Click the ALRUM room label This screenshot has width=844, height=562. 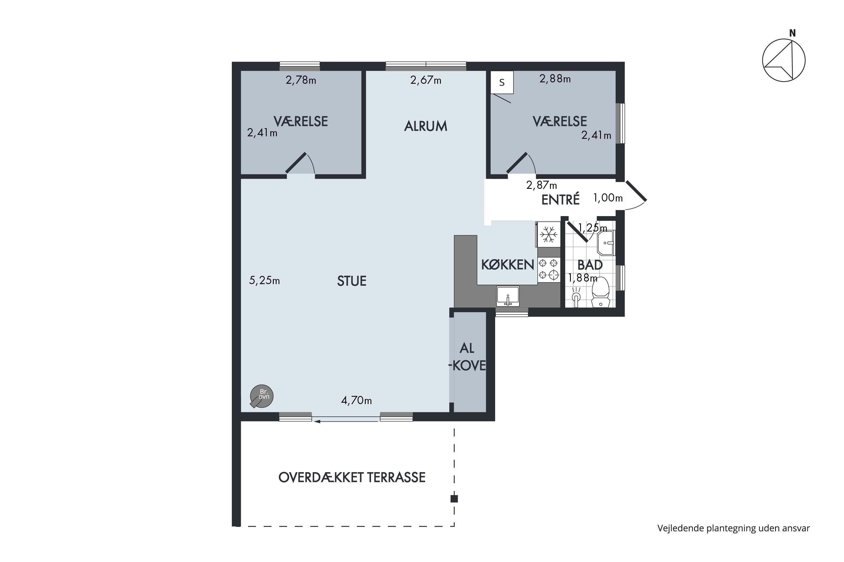pyautogui.click(x=426, y=126)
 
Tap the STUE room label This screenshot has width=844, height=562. pyautogui.click(x=352, y=281)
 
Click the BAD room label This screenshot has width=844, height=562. pyautogui.click(x=590, y=265)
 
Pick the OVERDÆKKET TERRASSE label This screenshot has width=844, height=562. pyautogui.click(x=352, y=477)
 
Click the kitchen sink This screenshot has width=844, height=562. pyautogui.click(x=508, y=296)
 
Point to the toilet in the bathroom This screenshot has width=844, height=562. pyautogui.click(x=600, y=292)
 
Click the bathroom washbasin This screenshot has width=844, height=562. pyautogui.click(x=606, y=243)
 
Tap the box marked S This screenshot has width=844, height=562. pyautogui.click(x=502, y=82)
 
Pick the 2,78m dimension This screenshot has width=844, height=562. pyautogui.click(x=301, y=80)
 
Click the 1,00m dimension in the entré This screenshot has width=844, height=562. pyautogui.click(x=608, y=198)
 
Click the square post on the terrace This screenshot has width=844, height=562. pyautogui.click(x=454, y=498)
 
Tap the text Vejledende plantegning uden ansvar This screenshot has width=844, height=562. pyautogui.click(x=733, y=528)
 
